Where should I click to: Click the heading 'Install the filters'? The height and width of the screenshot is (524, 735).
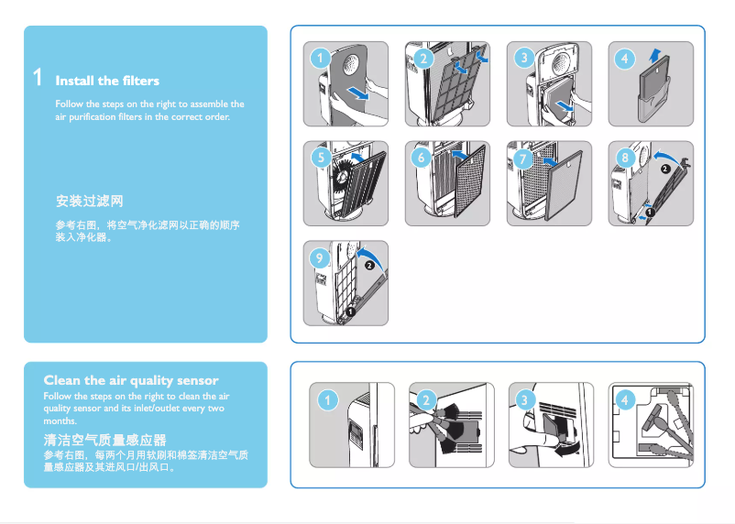[107, 81]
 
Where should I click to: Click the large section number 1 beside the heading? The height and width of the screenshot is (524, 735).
[37, 77]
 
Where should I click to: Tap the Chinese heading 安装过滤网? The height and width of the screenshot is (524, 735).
[89, 200]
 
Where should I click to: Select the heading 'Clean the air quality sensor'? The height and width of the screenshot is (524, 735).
[131, 379]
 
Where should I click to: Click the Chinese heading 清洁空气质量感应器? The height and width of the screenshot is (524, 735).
[104, 440]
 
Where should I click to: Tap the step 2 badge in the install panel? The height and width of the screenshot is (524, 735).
[422, 58]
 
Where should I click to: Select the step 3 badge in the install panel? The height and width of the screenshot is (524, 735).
[523, 58]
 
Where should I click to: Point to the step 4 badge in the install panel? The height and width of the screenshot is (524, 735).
[625, 58]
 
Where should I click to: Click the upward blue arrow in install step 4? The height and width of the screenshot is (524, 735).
[653, 57]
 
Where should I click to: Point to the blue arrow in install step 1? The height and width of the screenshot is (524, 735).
[360, 94]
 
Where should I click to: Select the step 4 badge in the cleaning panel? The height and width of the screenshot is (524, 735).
[625, 399]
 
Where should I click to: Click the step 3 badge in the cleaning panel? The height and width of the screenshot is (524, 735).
[523, 399]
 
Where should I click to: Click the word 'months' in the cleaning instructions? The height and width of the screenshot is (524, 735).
[60, 420]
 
